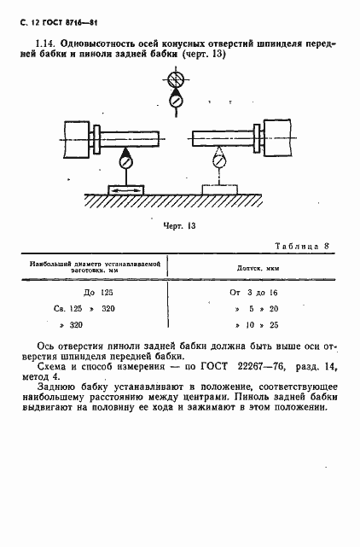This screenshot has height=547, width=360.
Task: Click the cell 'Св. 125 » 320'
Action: click(x=90, y=308)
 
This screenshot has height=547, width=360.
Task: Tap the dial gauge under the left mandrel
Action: click(x=126, y=160)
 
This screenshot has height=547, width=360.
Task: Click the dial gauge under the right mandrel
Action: click(x=220, y=160)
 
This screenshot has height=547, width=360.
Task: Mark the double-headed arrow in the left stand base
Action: click(x=125, y=189)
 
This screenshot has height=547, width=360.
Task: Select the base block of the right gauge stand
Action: click(x=220, y=189)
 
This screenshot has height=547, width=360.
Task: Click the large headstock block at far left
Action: click(x=75, y=138)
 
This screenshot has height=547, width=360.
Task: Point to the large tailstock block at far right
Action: click(x=280, y=138)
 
